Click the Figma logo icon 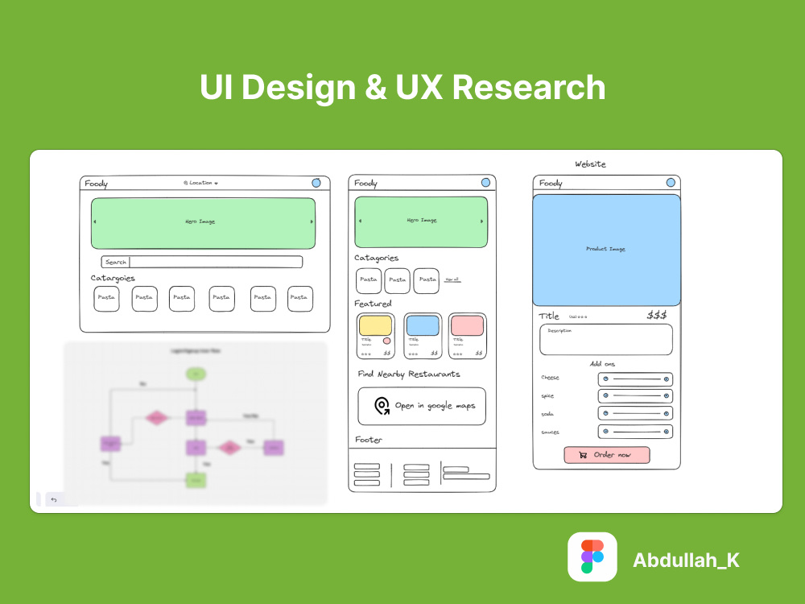[x=592, y=557]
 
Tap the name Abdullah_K [x=686, y=561]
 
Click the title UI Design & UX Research [x=402, y=88]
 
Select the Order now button [x=607, y=455]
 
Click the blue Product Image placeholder [x=606, y=250]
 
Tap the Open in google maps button [x=422, y=406]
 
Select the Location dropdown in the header [x=200, y=183]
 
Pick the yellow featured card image [x=375, y=325]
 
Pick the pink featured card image [x=468, y=325]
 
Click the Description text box [x=606, y=339]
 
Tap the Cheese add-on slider [x=635, y=379]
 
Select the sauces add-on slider [x=635, y=432]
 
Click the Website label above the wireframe [x=590, y=164]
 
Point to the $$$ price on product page [x=657, y=315]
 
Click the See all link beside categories [x=452, y=279]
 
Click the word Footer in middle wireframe [x=369, y=440]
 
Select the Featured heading [x=373, y=304]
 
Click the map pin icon [x=382, y=406]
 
